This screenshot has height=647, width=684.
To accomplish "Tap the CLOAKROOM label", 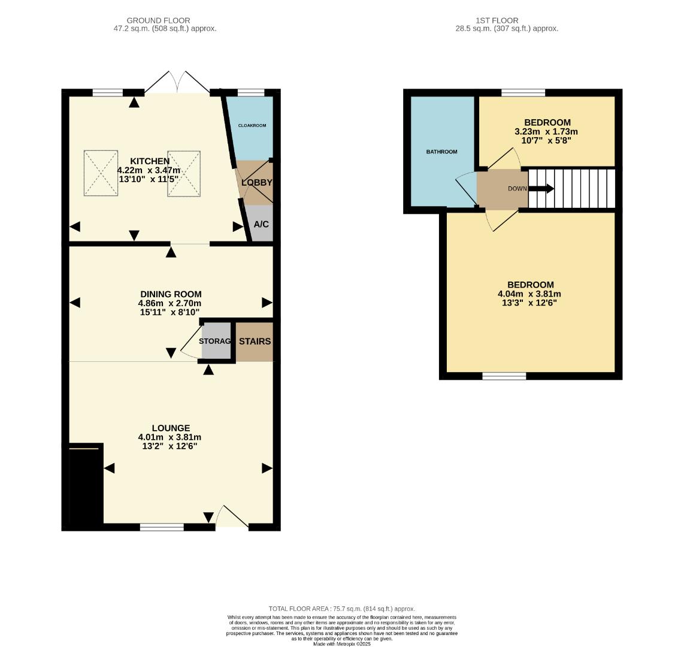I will pos(252,126).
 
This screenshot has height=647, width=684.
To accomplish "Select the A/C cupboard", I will pos(261,224).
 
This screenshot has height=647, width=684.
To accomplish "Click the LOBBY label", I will pos(257,183).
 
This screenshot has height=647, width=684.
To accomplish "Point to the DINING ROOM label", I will pos(171,294).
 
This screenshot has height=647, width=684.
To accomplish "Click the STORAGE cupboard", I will pos(216,341).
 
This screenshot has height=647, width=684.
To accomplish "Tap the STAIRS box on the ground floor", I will pos(255,341).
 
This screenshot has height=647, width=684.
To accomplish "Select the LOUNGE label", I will pos(171,428).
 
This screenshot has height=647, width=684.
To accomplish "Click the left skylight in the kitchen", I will pos(101,173).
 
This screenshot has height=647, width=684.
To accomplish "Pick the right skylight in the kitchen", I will pos(184,173).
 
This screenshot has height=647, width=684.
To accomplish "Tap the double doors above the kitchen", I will pos(177,83).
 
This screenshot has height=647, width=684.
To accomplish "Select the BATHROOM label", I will pos(441,152).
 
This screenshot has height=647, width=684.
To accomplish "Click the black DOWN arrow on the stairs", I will pos(541,189).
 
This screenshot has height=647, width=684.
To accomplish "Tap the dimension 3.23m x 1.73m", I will pos(546,132).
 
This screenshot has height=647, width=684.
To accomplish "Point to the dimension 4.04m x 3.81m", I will pos(529,294).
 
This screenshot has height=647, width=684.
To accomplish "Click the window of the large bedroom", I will pos(504,376).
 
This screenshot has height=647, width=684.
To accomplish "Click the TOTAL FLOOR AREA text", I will pos(341,609).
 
